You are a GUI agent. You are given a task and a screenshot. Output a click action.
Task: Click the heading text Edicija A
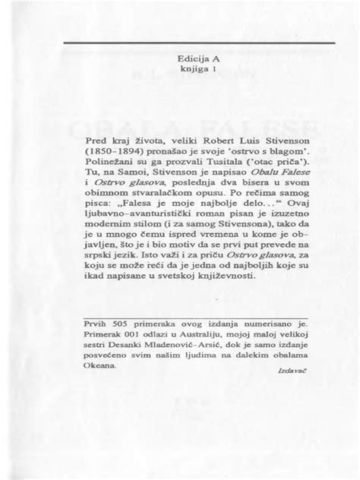(x=179, y=56)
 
